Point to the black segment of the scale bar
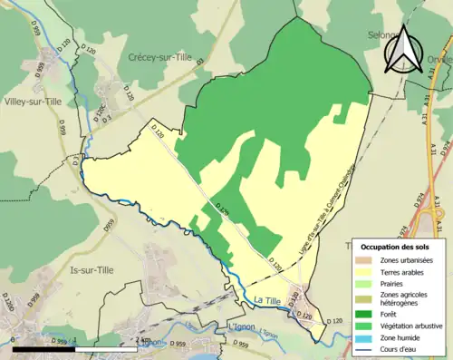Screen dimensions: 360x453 (45, 348)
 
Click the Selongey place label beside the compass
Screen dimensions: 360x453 (381, 34)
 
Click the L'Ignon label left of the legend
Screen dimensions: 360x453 (240, 326)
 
